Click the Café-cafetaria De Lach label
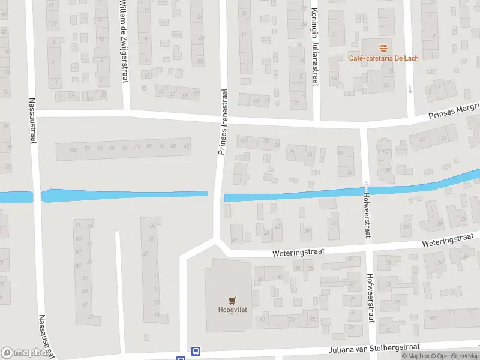pyautogui.click(x=384, y=58)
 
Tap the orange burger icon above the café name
pyautogui.click(x=384, y=47)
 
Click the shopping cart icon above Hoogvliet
pyautogui.click(x=231, y=299)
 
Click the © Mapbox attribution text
pyautogui.click(x=416, y=356)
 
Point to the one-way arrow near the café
pyautogui.click(x=410, y=89)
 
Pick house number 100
pyautogui.click(x=73, y=150)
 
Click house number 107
pyautogui.click(x=433, y=319)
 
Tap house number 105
pyautogui.click(x=311, y=319)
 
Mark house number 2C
pyautogui.click(x=385, y=85)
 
